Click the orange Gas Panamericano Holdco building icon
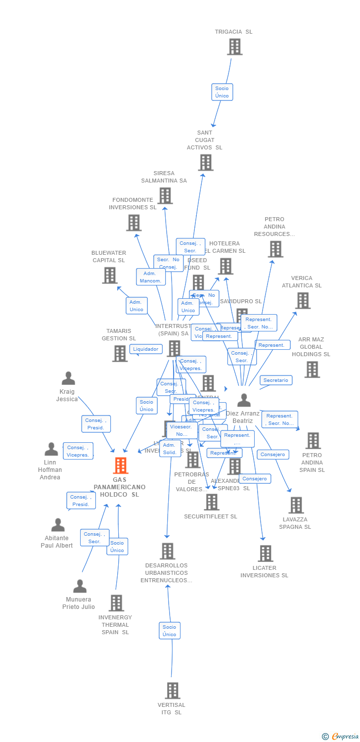120,465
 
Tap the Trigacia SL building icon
234,47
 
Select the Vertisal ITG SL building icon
172,691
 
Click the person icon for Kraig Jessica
68,378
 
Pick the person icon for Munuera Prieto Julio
80,586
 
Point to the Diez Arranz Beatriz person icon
244,400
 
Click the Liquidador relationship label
146,349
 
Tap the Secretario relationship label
275,380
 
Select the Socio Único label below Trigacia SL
222,92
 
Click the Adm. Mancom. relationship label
150,277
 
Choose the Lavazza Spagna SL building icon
296,505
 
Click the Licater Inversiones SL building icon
266,554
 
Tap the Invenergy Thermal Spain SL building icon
116,603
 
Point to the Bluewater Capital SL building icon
109,276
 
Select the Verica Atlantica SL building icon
302,300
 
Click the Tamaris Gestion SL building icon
120,354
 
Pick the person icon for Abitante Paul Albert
58,525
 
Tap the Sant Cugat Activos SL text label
204,140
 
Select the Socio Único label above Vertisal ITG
169,631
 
